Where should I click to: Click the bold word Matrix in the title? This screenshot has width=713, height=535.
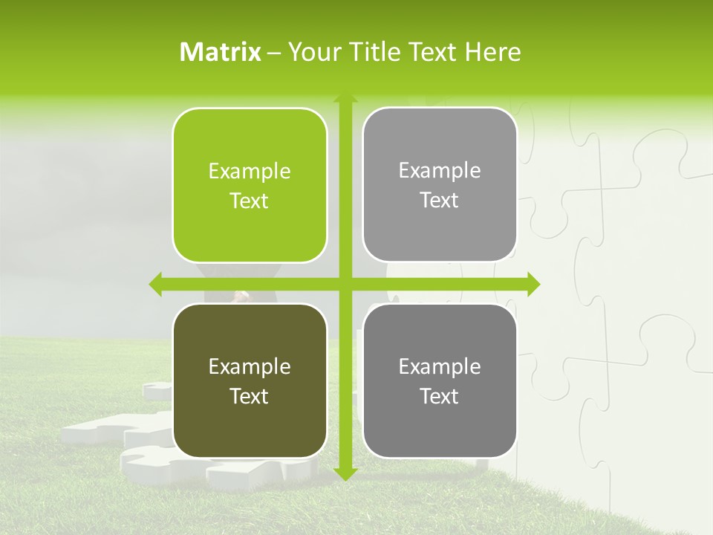coord(221,52)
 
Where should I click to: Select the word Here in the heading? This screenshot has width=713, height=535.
coord(493,52)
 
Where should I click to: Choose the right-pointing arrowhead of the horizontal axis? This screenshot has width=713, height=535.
coord(533,284)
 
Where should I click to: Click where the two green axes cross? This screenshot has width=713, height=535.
coord(345,284)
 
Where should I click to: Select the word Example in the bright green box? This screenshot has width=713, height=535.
coord(250,172)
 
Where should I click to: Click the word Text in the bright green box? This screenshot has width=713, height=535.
coord(250,201)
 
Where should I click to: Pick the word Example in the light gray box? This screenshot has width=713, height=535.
coord(440,171)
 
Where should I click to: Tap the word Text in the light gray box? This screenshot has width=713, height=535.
coord(440,201)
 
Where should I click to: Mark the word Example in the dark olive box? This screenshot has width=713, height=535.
coord(250,367)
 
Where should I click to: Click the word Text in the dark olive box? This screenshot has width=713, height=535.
coord(250,397)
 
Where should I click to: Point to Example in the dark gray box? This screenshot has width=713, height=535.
coord(440,367)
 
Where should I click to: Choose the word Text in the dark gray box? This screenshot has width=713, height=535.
coord(440,397)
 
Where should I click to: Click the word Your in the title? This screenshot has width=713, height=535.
coord(310,52)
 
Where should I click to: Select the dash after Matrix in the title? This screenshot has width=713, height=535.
coord(274,53)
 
